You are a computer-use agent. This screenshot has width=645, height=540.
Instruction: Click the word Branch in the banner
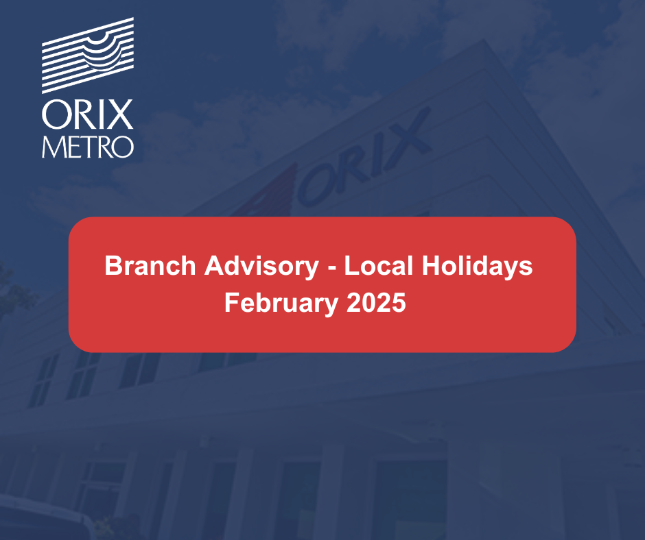pos(150,265)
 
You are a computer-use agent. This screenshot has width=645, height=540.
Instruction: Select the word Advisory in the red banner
pos(261,267)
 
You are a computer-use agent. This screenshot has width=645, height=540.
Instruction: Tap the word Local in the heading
pos(379,265)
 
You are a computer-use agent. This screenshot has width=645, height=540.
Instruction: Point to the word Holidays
pos(477,267)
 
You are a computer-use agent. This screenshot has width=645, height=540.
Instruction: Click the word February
pos(281,304)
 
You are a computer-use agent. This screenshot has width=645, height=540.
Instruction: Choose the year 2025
pos(376,302)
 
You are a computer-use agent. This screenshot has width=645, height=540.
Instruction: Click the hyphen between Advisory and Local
pos(331,268)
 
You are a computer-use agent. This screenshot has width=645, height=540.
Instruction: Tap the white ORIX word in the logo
pos(87,114)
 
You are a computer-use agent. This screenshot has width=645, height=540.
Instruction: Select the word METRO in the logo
pos(87,147)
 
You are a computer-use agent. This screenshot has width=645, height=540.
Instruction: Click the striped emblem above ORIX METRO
pos(88,55)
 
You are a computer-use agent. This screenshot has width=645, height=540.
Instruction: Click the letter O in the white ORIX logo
pos(54,114)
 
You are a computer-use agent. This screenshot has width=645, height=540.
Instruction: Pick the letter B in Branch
pos(114,265)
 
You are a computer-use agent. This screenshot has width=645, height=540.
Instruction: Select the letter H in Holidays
pos(431,265)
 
